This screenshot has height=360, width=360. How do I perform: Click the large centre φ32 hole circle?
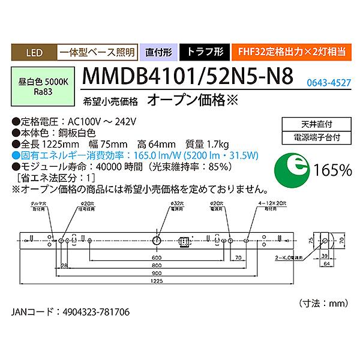(157, 241)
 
